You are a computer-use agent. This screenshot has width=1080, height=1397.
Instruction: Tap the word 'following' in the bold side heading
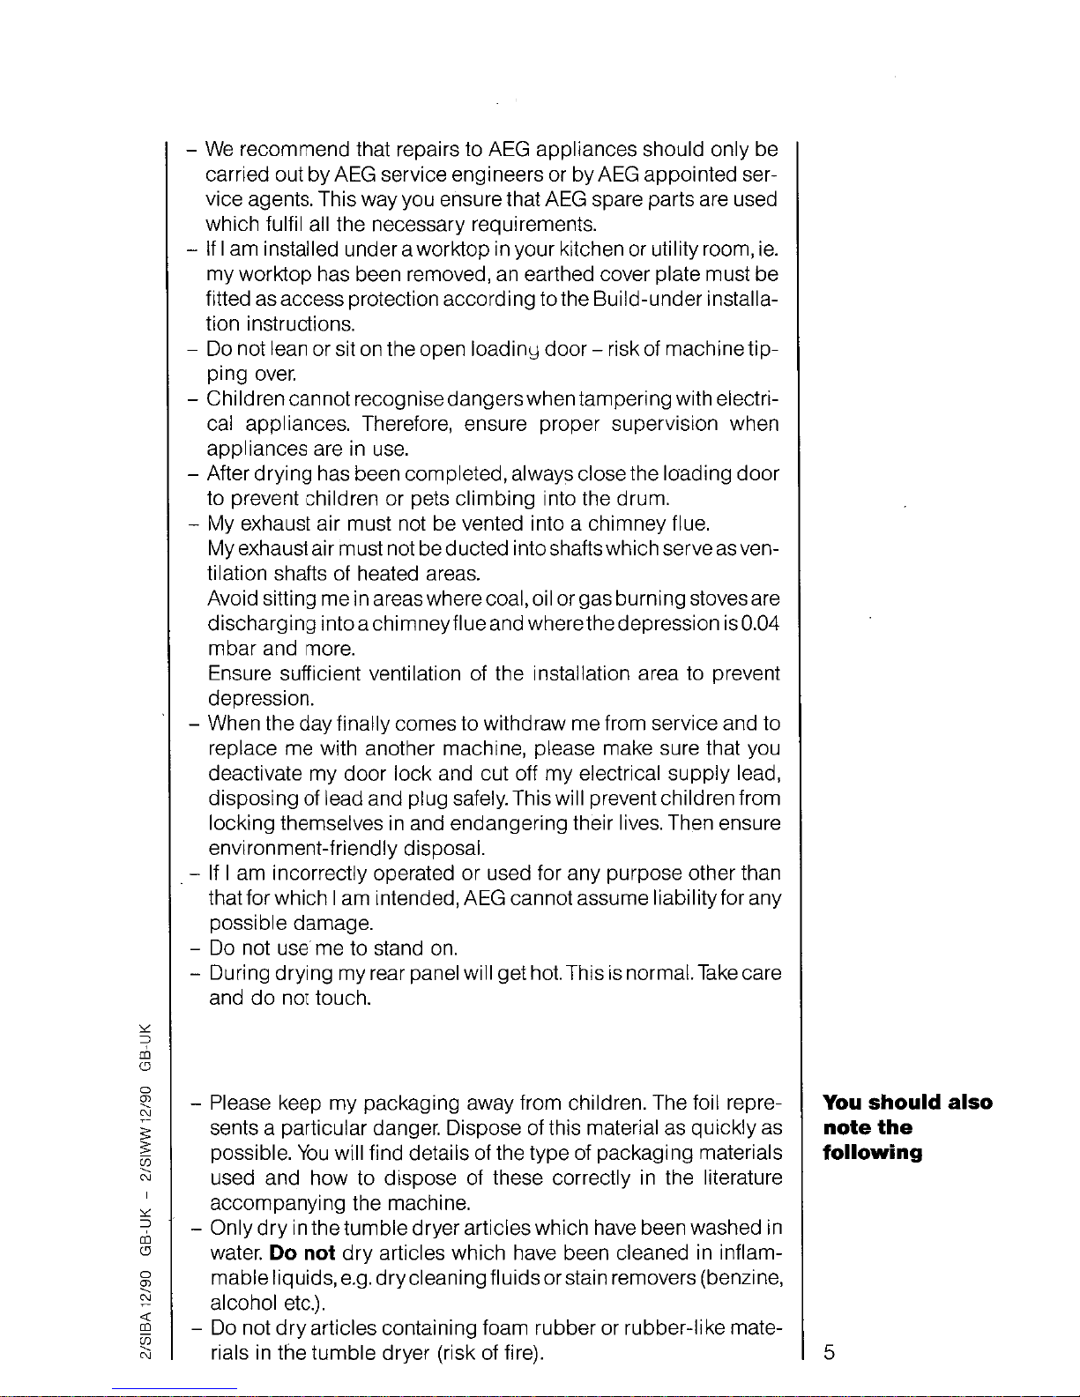tap(872, 1153)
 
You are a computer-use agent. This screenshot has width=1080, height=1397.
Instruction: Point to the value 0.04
tap(759, 624)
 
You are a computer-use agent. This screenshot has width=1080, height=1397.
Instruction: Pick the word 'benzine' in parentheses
tap(744, 1278)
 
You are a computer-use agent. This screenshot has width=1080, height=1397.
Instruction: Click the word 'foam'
tap(506, 1327)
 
